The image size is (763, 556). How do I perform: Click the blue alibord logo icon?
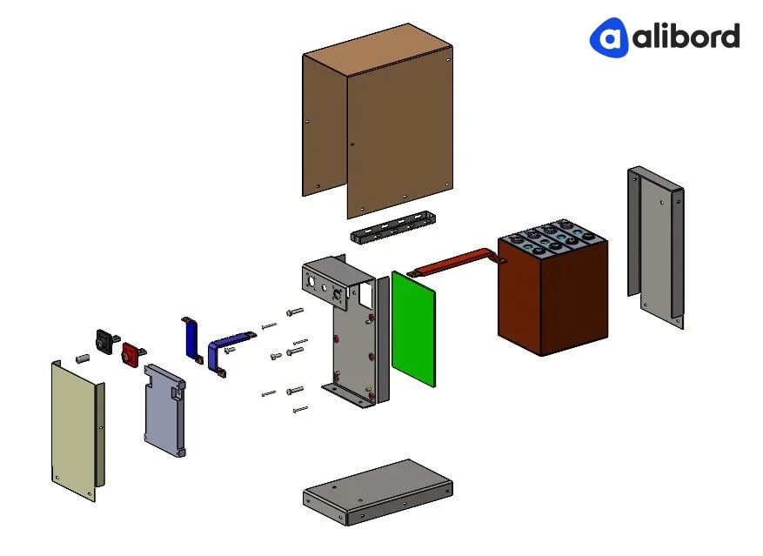(609, 37)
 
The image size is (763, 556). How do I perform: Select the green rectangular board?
(413, 328)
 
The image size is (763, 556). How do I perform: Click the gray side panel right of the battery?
(654, 248)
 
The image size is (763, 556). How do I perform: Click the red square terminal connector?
(132, 354)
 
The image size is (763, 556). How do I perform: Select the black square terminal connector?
(105, 341)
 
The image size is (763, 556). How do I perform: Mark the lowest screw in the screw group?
(300, 408)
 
